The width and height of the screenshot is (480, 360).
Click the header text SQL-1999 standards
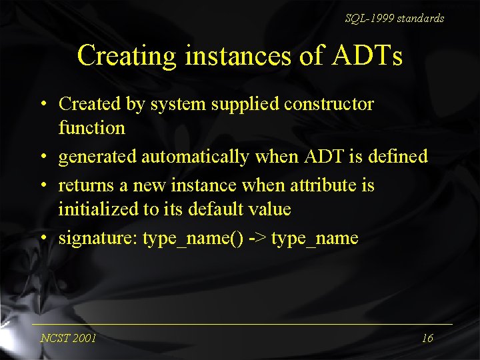394,19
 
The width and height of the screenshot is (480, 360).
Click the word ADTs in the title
365,56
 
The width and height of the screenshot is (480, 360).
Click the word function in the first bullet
91,127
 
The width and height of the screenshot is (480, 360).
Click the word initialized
97,209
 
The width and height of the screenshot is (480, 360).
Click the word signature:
98,239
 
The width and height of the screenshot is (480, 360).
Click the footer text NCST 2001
68,338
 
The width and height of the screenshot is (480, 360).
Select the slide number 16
427,338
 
